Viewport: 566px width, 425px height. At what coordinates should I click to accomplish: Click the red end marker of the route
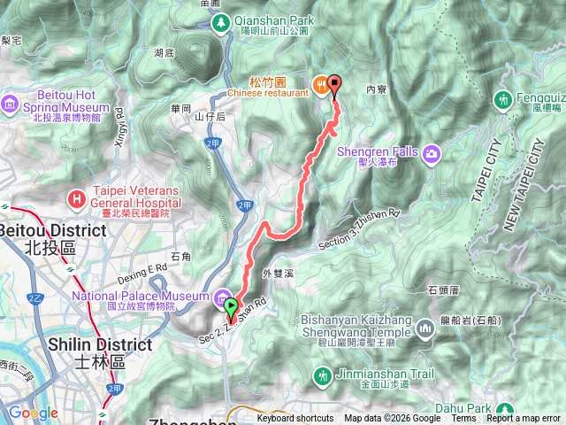(x=334, y=85)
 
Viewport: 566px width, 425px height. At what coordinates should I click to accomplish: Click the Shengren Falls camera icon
(x=432, y=154)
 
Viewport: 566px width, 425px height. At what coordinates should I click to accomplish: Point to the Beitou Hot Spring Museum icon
(x=11, y=103)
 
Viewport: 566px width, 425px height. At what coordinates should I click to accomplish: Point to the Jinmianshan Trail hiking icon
(x=323, y=375)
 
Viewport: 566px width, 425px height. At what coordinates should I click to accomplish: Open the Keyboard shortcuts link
(x=295, y=419)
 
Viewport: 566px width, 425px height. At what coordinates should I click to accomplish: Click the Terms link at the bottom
(x=463, y=419)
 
